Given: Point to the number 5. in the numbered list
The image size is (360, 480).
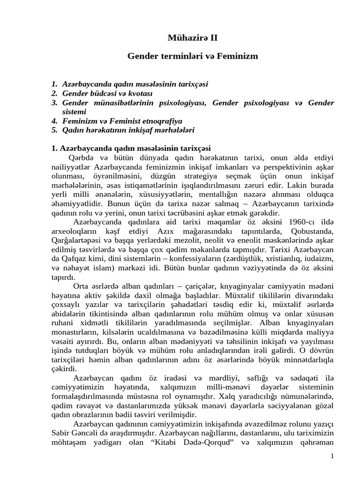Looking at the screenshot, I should [x=55, y=129].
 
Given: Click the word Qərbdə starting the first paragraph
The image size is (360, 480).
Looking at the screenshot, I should [x=81, y=157].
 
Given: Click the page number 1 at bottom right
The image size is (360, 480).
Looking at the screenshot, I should [x=331, y=457].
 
